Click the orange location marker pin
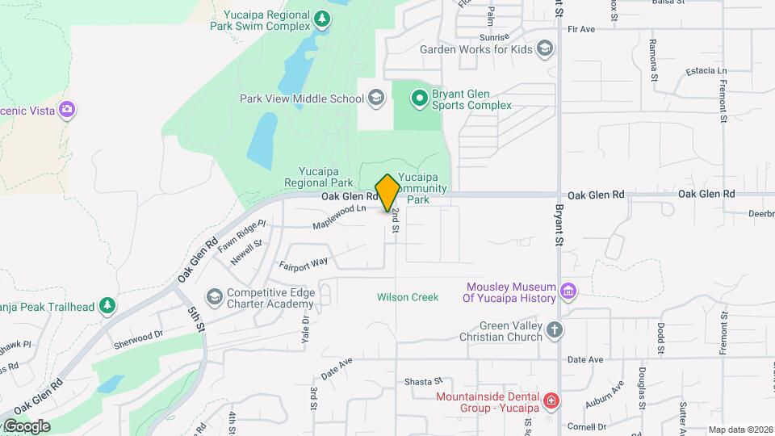coord(387,192)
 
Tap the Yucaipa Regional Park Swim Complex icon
coord(322,19)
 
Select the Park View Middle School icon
coord(375,99)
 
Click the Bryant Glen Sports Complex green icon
coord(419,99)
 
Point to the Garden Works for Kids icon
coord(545,49)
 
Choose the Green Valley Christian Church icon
coord(554,329)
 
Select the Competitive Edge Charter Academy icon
coord(214,298)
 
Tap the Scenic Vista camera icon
coord(67,110)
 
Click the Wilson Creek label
coord(408,297)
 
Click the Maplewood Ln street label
coord(340,216)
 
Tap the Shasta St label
coord(424,381)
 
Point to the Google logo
coord(27,426)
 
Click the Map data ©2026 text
coord(739,430)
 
